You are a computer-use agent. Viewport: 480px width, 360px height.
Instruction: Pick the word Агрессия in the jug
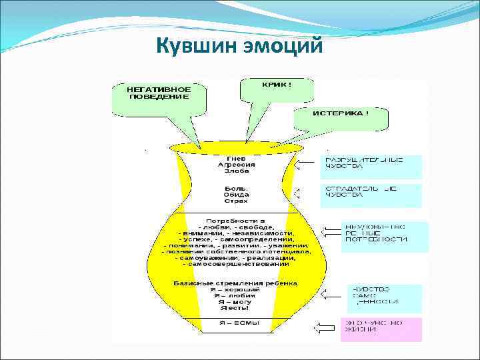(236, 164)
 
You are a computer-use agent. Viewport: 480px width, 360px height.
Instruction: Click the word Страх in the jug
(236, 201)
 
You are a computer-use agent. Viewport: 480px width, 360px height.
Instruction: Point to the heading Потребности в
(236, 220)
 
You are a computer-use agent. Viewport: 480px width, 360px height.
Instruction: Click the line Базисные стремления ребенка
(236, 283)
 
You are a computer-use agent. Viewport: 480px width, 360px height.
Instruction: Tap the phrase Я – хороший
(236, 290)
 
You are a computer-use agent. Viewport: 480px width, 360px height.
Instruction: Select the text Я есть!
(236, 308)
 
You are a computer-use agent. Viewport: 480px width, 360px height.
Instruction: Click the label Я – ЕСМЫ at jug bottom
(236, 323)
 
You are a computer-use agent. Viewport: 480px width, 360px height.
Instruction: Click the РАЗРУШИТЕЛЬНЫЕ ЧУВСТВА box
(372, 166)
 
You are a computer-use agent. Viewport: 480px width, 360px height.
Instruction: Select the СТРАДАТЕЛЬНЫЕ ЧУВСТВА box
(371, 195)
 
